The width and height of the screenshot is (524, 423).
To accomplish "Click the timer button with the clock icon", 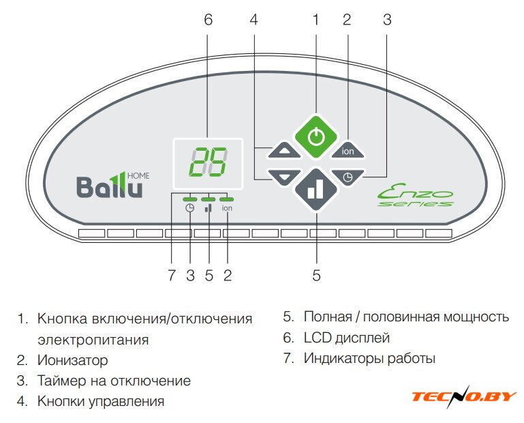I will click(x=348, y=177).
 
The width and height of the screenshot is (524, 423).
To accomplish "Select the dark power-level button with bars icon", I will click(x=315, y=190).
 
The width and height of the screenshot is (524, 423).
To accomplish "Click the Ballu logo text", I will click(x=109, y=186).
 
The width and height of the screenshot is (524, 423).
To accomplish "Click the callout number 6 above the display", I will click(x=208, y=20).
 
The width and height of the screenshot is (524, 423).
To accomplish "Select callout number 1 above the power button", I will click(x=315, y=20).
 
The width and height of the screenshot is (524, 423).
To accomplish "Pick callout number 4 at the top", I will click(x=253, y=20).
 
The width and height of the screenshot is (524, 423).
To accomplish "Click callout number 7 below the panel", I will click(x=172, y=276).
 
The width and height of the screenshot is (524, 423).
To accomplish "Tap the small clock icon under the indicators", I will click(x=190, y=208).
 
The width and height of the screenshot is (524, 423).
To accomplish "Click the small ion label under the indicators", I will click(x=227, y=208).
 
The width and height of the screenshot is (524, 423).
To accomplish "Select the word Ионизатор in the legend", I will click(x=73, y=360).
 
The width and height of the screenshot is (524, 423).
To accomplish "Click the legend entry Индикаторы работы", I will click(x=369, y=358).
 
